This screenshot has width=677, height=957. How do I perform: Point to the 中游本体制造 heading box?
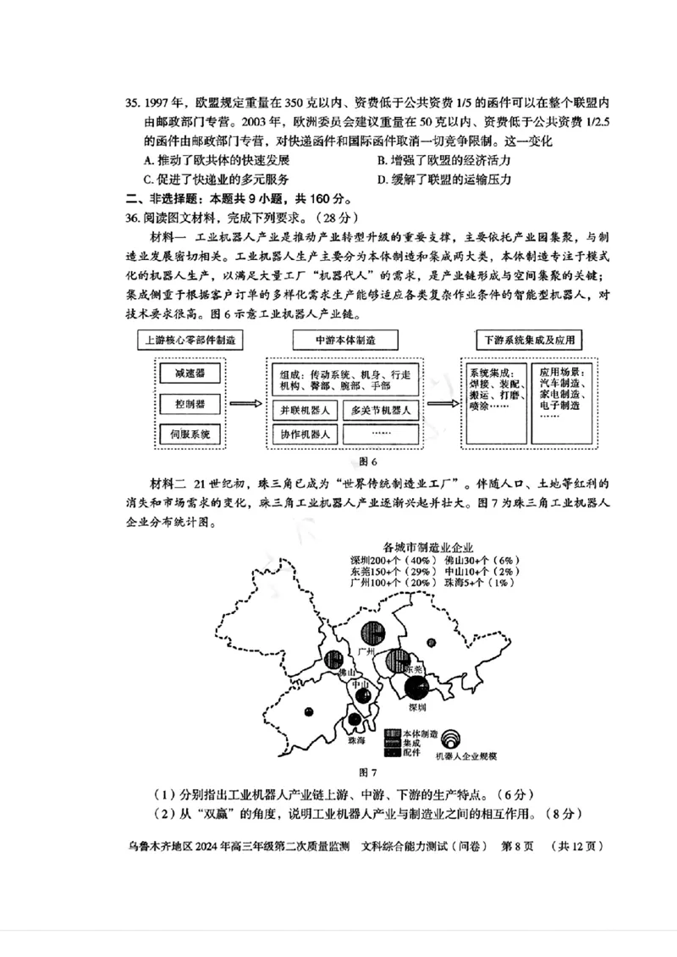(x=345, y=340)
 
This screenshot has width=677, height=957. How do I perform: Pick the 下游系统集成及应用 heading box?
(x=530, y=340)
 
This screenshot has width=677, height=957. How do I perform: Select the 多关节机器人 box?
(x=381, y=411)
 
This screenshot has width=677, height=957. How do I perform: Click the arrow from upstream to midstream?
(x=245, y=405)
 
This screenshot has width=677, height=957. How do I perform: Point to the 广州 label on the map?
(x=366, y=650)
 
